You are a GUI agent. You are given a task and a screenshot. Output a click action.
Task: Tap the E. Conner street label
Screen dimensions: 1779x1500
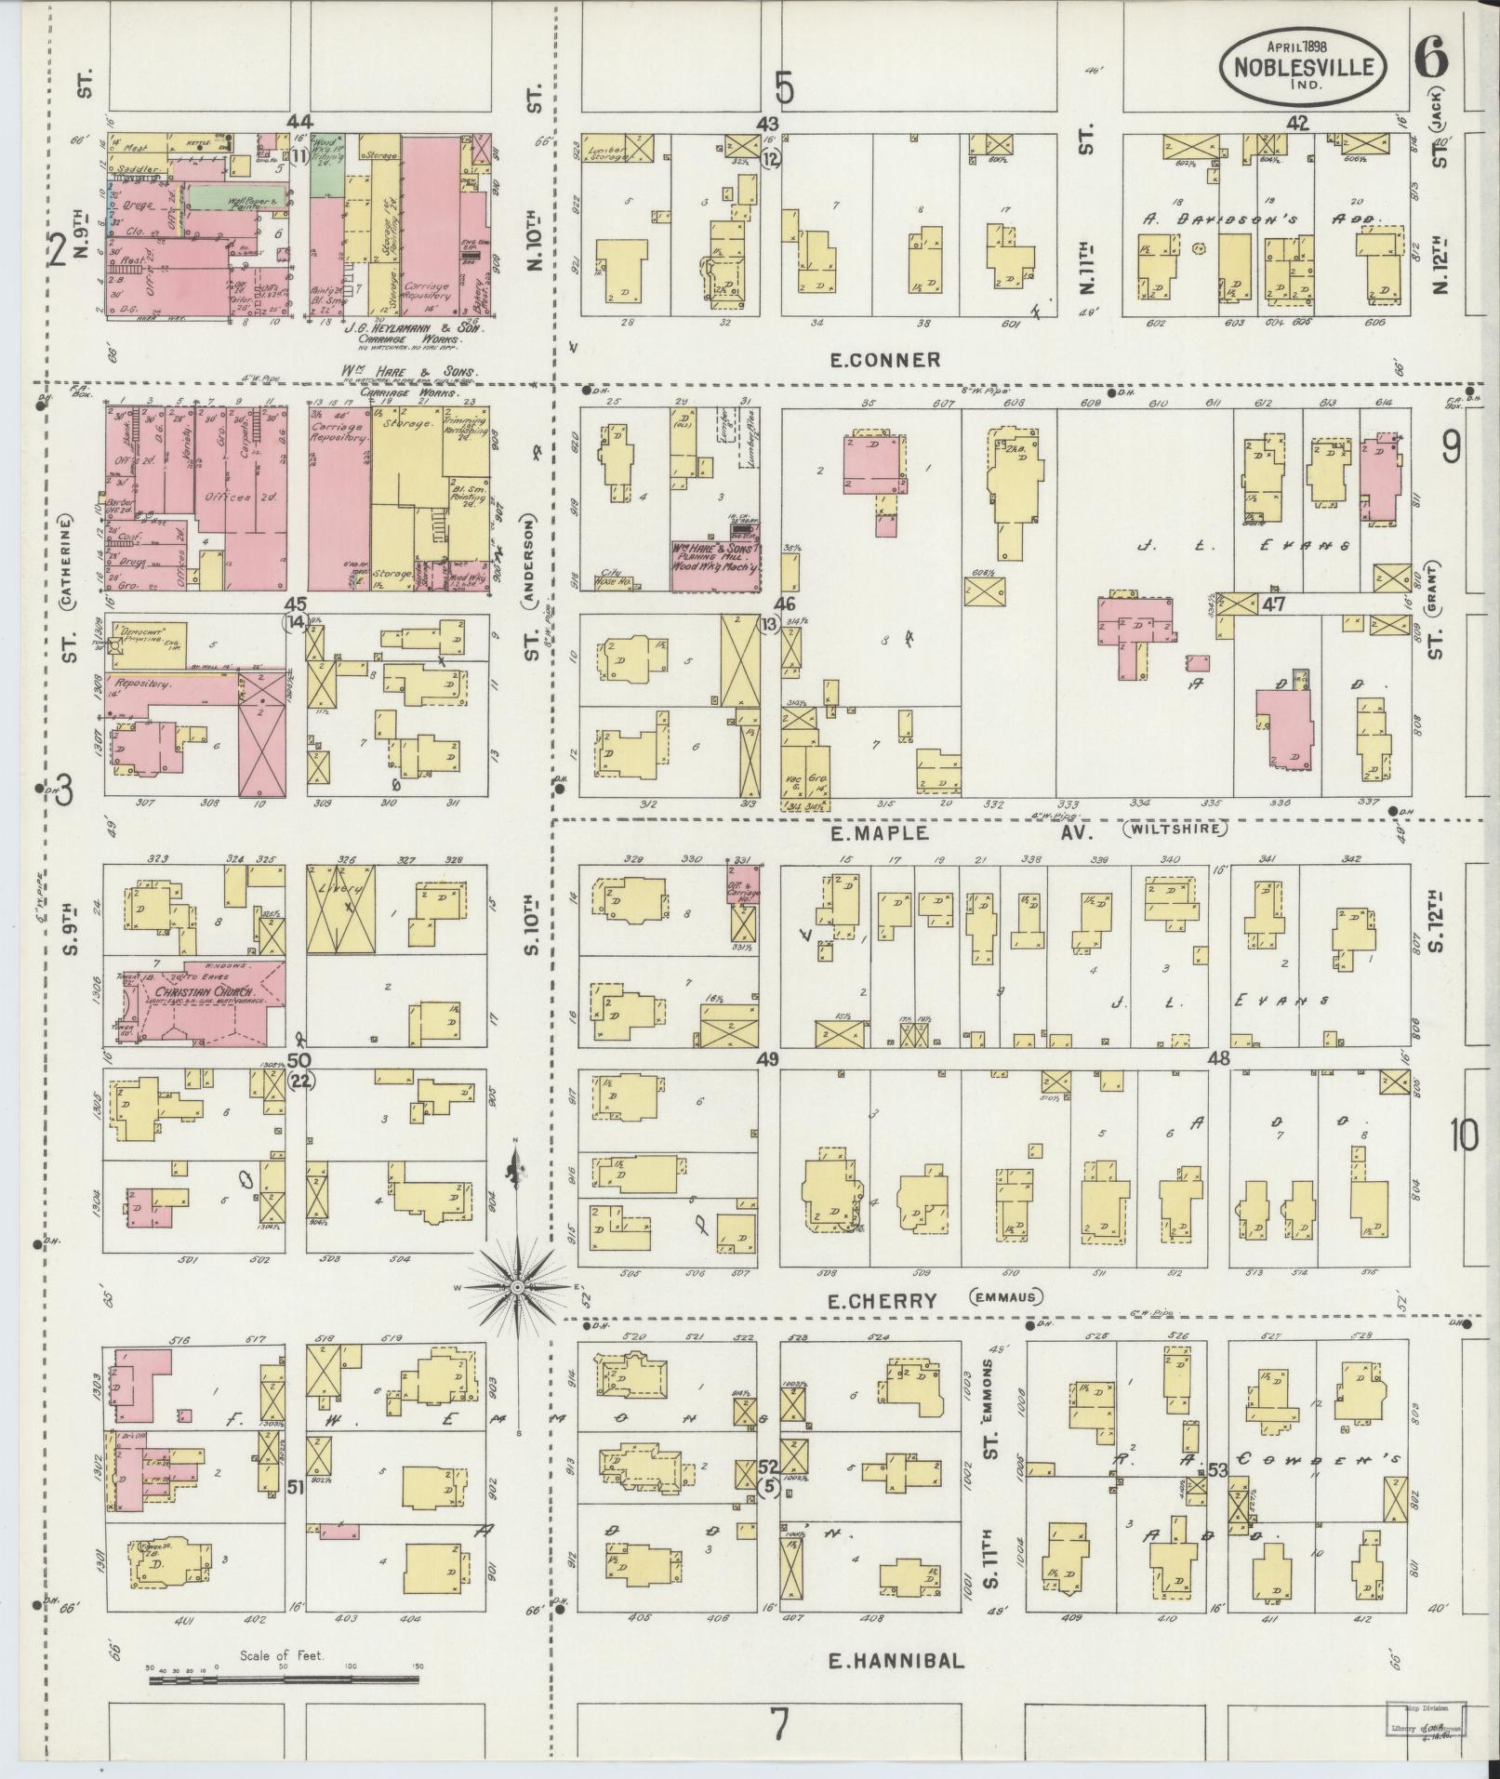(x=883, y=360)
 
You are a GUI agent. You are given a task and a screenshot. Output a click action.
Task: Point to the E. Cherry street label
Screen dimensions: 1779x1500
(x=883, y=1300)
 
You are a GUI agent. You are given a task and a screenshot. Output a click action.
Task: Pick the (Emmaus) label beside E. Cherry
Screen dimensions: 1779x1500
(x=1006, y=1297)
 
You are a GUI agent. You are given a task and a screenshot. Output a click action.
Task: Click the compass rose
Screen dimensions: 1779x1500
(x=517, y=1286)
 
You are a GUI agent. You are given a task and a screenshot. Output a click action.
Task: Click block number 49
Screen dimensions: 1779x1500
(x=767, y=1059)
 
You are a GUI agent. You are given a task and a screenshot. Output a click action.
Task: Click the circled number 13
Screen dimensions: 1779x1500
(x=767, y=624)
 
